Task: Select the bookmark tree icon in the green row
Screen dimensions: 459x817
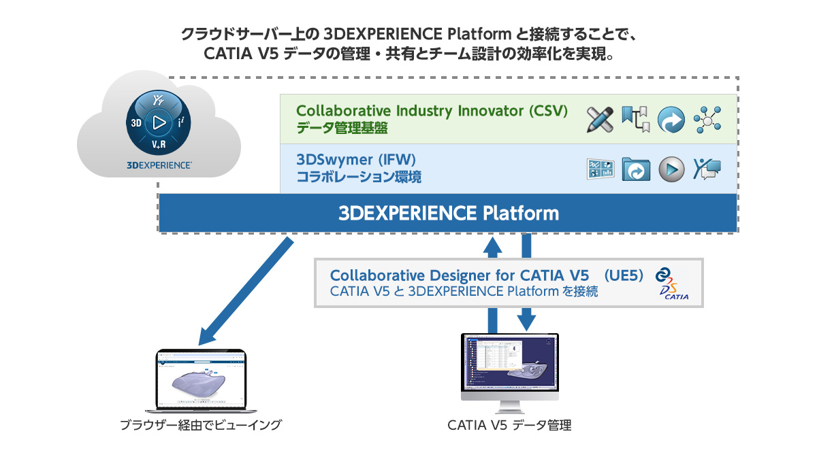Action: [x=636, y=119]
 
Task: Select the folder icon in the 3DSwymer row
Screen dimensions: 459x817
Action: [x=636, y=169]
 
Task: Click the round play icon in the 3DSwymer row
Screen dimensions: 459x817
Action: [x=671, y=169]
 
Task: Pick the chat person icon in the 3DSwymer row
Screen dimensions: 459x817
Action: [x=707, y=169]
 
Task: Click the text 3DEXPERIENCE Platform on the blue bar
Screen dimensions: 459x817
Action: [x=449, y=214]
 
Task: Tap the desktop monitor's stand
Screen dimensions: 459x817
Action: [x=509, y=406]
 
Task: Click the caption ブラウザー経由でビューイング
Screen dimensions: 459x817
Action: [x=200, y=426]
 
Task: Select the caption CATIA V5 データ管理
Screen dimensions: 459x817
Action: [x=509, y=426]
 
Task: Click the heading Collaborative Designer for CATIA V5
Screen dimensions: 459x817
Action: [x=460, y=275]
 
